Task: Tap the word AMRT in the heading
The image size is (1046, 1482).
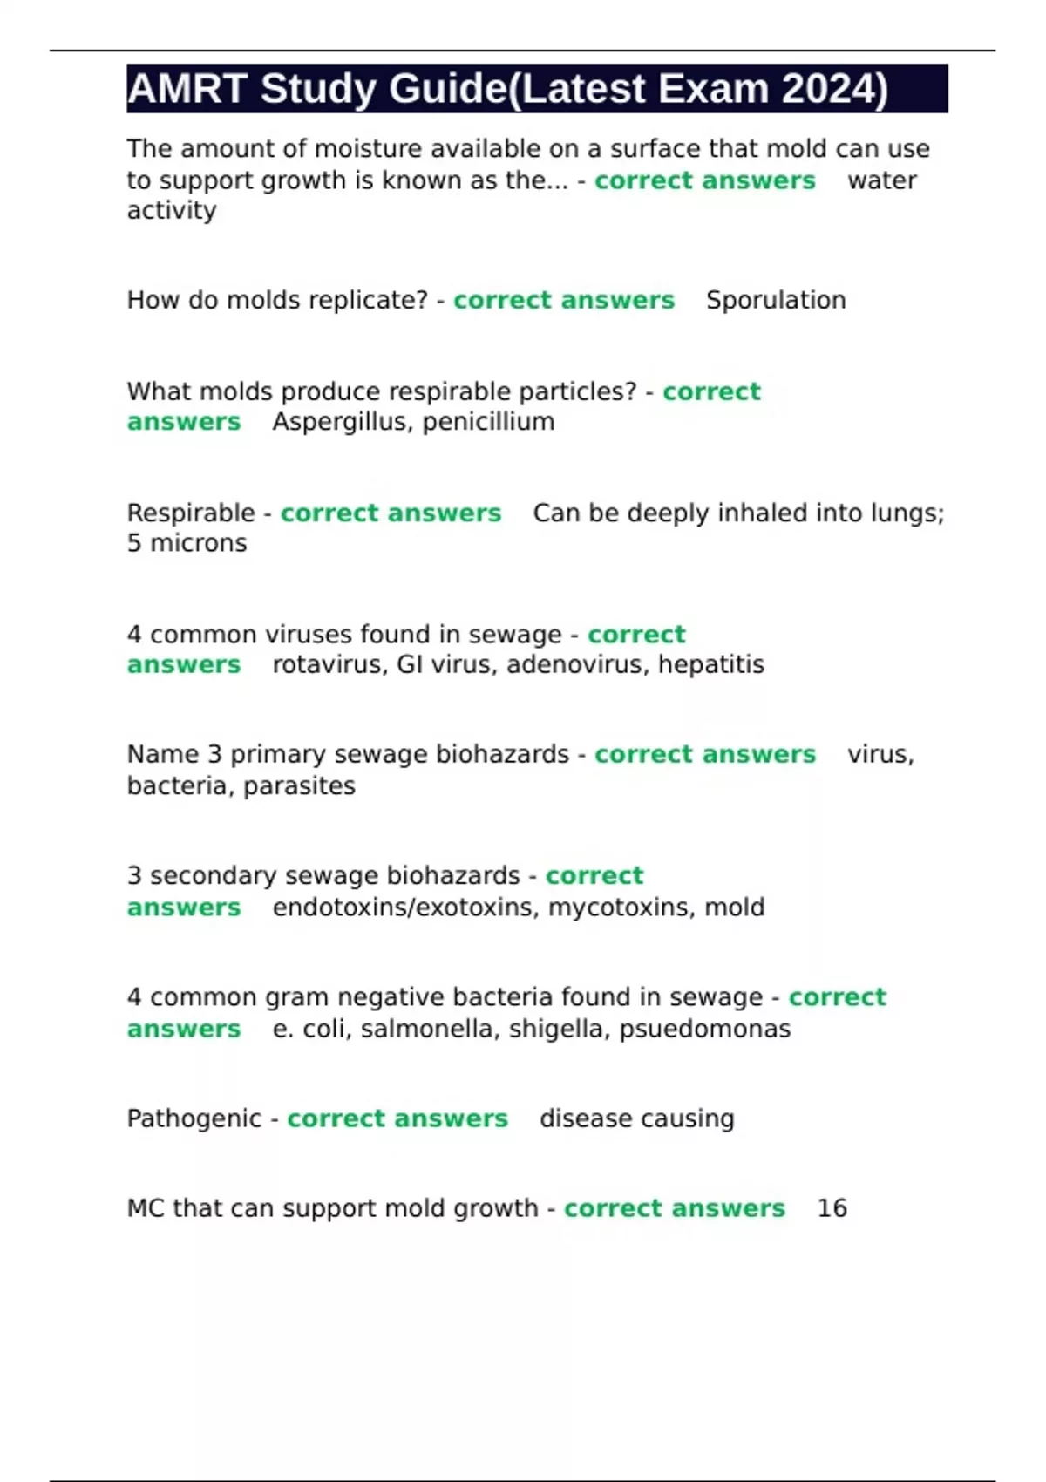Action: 187,89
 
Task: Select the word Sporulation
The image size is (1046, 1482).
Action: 776,300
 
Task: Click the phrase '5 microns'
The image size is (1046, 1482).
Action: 187,543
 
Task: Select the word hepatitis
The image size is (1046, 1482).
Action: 711,664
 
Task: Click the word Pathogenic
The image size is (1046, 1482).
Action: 194,1118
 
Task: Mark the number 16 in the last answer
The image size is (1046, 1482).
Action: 832,1208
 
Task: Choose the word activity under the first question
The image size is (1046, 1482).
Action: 172,210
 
